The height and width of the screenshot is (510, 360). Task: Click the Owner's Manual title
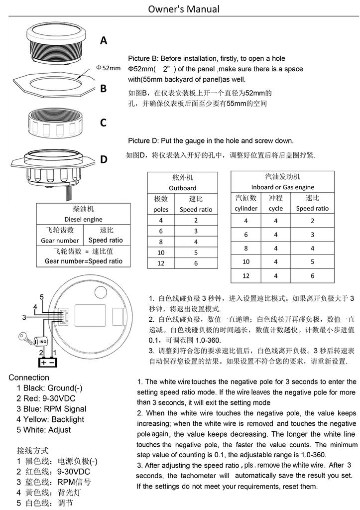tap(184, 9)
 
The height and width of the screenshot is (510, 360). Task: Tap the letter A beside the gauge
tap(104, 40)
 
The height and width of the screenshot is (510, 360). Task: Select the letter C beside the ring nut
tap(103, 123)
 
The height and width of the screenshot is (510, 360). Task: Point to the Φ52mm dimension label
tap(108, 68)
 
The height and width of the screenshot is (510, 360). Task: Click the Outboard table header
tap(182, 188)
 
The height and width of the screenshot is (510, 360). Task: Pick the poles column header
tap(161, 210)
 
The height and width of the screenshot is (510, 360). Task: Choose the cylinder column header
tap(246, 209)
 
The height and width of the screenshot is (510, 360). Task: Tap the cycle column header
tap(275, 209)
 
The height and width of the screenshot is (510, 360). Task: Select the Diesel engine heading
tap(84, 219)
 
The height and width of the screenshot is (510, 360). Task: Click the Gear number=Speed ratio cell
tap(84, 261)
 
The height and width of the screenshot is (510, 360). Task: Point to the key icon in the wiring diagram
tap(23, 336)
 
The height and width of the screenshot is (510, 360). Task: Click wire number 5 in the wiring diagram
tap(42, 297)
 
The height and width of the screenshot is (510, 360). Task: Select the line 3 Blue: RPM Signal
tap(51, 409)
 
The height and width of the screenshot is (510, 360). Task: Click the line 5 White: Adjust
tap(44, 430)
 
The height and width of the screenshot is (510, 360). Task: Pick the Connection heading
tap(28, 378)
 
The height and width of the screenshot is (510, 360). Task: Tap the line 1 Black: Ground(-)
tap(49, 388)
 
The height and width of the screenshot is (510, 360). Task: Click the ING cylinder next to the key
tap(42, 342)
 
